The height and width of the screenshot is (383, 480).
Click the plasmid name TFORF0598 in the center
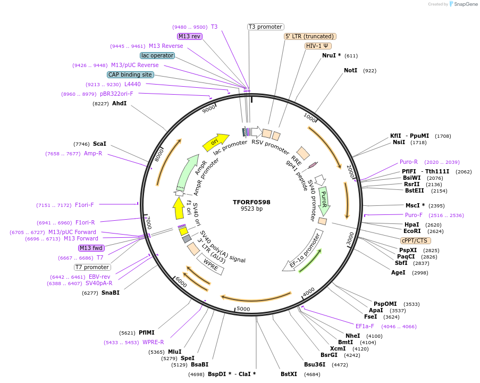(251, 202)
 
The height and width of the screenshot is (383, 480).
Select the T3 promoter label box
(266, 27)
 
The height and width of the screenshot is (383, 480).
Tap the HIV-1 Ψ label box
(317, 46)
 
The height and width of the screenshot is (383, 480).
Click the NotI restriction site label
(350, 70)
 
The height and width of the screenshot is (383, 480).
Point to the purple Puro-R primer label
(409, 162)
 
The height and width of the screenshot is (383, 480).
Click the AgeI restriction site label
(398, 272)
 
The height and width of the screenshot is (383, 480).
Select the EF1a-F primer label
(365, 326)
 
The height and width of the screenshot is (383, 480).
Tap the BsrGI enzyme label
(329, 355)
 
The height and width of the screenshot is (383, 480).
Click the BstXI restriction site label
(289, 374)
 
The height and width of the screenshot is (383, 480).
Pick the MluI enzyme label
(175, 352)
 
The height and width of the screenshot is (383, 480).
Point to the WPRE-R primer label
(153, 342)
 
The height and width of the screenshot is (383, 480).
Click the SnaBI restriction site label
(111, 293)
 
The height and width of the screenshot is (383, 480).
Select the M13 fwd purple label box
(91, 248)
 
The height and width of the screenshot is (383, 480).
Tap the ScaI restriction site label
(100, 144)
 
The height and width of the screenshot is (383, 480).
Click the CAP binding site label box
(130, 75)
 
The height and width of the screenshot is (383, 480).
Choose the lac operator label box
(157, 55)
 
